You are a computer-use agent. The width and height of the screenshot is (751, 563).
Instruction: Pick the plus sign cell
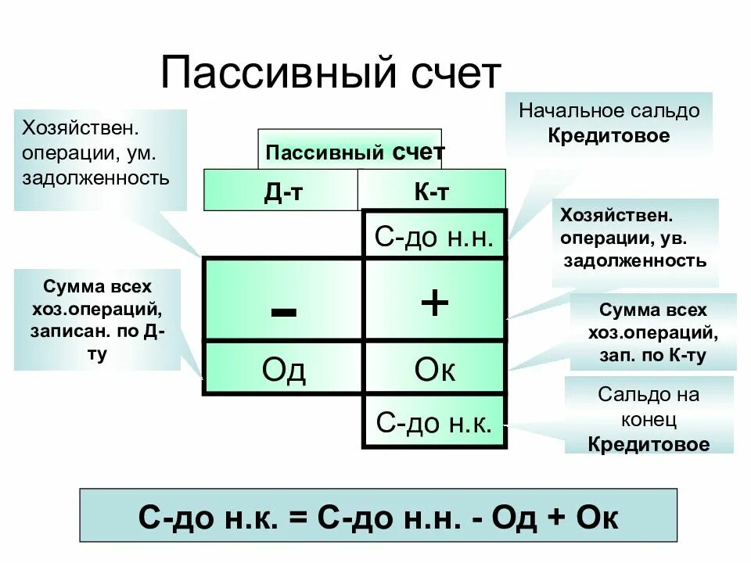click(434, 302)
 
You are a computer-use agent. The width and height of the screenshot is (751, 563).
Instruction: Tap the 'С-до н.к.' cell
click(434, 423)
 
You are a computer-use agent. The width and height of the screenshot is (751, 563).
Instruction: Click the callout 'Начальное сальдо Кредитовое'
click(609, 123)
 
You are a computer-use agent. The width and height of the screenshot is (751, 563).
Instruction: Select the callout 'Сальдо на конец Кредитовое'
click(649, 419)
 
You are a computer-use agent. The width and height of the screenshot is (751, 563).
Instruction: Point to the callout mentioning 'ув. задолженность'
click(634, 238)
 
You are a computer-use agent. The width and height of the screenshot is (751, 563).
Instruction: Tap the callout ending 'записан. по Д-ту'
click(98, 319)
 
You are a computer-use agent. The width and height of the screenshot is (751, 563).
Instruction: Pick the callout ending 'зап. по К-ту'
click(652, 332)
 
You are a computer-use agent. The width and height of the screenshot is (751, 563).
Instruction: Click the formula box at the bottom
click(378, 516)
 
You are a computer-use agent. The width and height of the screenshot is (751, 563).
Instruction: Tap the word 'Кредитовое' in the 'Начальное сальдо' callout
click(609, 135)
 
